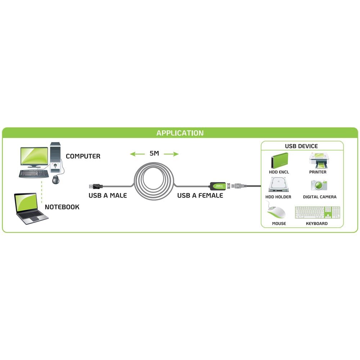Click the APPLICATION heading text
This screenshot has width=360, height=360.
(180, 133)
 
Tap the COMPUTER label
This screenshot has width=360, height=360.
(83, 156)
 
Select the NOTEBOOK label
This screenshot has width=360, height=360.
(62, 207)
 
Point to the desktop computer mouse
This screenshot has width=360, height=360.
(56, 179)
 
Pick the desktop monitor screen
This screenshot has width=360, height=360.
(33, 156)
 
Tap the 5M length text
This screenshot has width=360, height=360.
(154, 154)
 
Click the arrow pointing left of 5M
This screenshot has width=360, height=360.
(137, 154)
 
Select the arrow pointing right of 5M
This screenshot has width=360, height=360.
(171, 154)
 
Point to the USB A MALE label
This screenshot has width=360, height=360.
(108, 195)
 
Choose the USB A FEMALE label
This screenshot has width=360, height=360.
(200, 195)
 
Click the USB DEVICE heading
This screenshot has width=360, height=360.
(301, 146)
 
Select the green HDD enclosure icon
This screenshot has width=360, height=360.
(279, 160)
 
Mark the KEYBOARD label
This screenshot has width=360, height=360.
(317, 224)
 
